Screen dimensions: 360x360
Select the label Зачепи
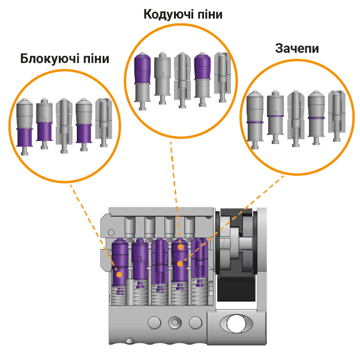(296, 48)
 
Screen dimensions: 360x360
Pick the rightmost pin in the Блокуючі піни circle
(103, 124)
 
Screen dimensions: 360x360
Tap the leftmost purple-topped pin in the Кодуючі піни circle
(143, 80)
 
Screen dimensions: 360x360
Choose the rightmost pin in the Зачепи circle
(336, 116)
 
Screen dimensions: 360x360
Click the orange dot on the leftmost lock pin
(119, 274)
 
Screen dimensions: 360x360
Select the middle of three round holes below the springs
(175, 322)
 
